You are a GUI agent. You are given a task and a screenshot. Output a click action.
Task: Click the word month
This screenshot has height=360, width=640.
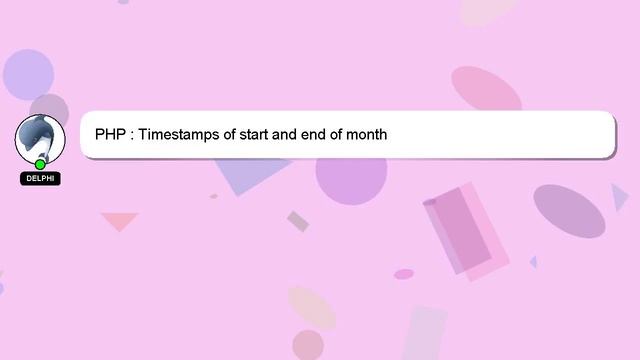[366, 134]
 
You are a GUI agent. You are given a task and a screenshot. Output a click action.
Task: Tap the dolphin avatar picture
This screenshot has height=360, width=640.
[39, 138]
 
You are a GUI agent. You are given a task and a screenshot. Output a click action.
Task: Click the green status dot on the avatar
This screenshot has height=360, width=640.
[40, 164]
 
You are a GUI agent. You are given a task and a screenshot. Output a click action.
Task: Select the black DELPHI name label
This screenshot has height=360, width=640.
[40, 179]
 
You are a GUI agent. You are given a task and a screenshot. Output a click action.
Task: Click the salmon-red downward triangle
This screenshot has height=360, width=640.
[119, 220]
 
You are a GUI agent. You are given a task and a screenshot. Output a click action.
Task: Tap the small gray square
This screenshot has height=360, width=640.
[298, 221]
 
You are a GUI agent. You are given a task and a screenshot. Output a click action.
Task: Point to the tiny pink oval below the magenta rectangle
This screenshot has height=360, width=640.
[404, 274]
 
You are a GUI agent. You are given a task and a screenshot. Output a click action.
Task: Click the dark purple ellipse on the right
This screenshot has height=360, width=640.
[569, 210]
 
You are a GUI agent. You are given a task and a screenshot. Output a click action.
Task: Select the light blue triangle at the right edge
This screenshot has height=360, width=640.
[619, 197]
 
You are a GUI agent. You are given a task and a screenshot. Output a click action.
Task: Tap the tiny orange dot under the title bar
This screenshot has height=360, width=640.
[214, 196]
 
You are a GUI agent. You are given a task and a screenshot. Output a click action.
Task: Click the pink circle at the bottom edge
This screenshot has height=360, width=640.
[308, 345]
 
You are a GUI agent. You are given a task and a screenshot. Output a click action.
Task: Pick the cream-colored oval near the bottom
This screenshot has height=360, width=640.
[311, 306]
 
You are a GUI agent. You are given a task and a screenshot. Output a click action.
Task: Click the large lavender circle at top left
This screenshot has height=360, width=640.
[28, 73]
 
